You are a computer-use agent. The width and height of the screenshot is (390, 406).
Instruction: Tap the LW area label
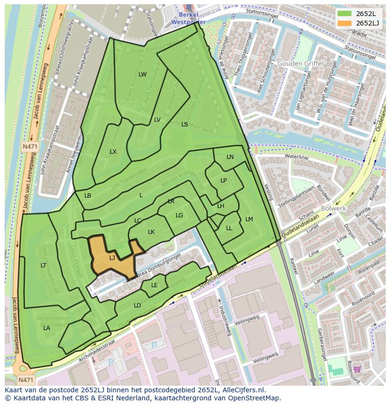142,75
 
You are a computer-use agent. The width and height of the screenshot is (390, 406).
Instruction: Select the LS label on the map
185,124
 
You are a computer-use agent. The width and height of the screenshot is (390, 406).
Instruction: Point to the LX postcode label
113,152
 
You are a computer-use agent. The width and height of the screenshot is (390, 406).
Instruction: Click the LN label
230,157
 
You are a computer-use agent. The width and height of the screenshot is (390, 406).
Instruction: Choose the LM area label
249,219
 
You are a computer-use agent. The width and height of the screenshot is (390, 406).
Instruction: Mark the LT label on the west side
43,265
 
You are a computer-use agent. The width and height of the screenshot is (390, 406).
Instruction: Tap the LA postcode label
47,328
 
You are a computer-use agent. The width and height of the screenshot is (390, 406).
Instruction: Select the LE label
154,285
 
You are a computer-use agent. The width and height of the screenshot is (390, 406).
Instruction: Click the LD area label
137,306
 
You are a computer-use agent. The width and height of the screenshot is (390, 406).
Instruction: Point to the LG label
179,215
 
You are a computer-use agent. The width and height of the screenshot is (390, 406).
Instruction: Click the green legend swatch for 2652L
345,14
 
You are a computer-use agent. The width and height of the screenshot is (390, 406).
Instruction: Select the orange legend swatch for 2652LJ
345,23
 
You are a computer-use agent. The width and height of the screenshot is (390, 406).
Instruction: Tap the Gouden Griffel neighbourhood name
300,63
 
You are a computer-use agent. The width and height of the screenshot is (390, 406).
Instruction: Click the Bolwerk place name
333,208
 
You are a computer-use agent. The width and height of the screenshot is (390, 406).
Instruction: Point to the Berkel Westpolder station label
188,18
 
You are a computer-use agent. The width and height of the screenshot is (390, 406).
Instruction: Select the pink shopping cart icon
357,369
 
